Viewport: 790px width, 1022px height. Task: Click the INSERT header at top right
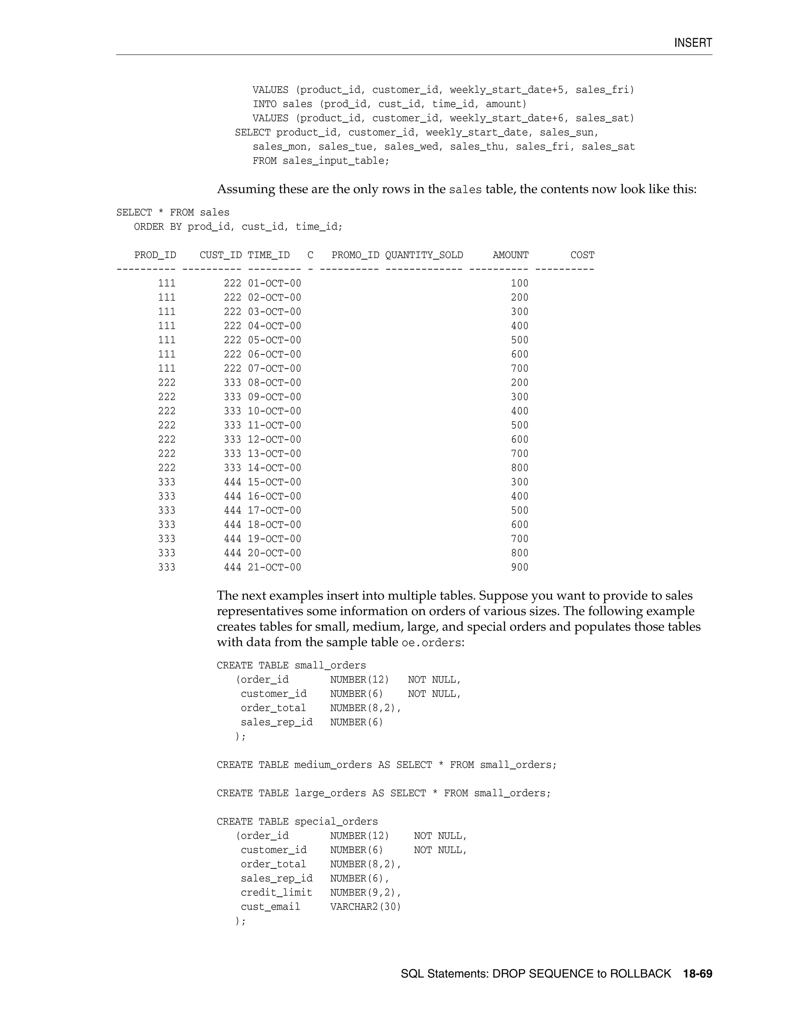click(693, 43)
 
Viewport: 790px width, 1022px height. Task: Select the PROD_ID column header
click(155, 255)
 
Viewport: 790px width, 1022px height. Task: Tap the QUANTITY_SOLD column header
click(424, 255)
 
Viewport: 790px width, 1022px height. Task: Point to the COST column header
click(582, 255)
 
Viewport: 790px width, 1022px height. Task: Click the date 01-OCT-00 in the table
click(274, 283)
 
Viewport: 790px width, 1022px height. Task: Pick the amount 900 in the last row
click(520, 567)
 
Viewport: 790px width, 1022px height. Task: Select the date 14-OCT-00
click(274, 468)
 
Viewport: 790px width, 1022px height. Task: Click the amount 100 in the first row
click(520, 283)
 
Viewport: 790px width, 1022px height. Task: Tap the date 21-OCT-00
click(274, 567)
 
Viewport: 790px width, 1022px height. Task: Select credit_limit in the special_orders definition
click(276, 892)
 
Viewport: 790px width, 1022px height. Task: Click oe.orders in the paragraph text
click(432, 643)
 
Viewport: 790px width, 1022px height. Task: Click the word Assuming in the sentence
click(246, 189)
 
